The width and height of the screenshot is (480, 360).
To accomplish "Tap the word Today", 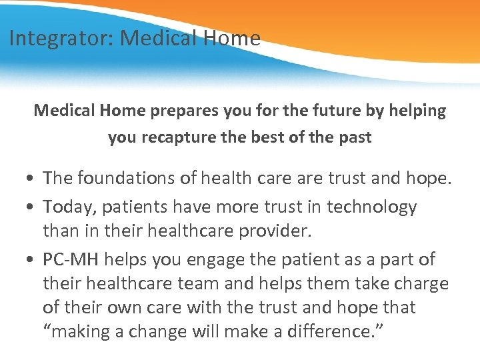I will tap(70, 207).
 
